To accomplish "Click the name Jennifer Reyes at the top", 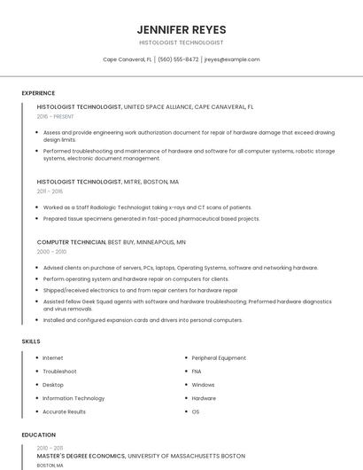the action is [x=181, y=29].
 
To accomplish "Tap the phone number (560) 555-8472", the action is [x=178, y=59].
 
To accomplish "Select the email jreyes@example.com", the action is [x=232, y=59].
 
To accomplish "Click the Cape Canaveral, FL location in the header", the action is [x=127, y=59].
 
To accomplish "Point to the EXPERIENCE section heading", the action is [x=38, y=93].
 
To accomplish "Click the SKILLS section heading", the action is [x=31, y=341].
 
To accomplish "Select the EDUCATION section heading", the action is [x=38, y=435].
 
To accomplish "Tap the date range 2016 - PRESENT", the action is [x=56, y=116].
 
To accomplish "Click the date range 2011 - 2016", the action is [x=50, y=191].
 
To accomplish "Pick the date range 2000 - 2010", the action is [x=51, y=251].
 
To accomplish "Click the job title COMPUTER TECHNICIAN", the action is [x=71, y=241].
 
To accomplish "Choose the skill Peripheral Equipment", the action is [x=219, y=357].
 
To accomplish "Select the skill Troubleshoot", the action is [x=59, y=372].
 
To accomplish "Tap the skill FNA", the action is [x=197, y=372].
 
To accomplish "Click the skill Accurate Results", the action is [x=64, y=411].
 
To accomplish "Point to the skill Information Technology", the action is [x=73, y=398].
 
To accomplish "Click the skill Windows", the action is [x=203, y=385].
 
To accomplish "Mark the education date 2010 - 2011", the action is [x=50, y=448].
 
